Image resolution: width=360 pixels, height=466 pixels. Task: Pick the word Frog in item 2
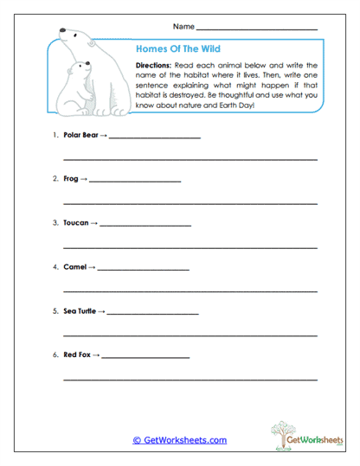tap(70, 179)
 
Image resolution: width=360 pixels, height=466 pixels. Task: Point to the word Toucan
tap(76, 222)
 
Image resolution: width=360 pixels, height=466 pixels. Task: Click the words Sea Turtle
tap(80, 310)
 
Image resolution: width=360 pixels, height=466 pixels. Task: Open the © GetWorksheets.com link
tap(180, 440)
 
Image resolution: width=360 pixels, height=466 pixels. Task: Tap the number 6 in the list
tap(55, 354)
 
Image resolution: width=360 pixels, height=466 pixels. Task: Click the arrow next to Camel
tap(92, 266)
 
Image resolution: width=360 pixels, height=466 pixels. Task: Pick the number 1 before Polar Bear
tap(55, 136)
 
